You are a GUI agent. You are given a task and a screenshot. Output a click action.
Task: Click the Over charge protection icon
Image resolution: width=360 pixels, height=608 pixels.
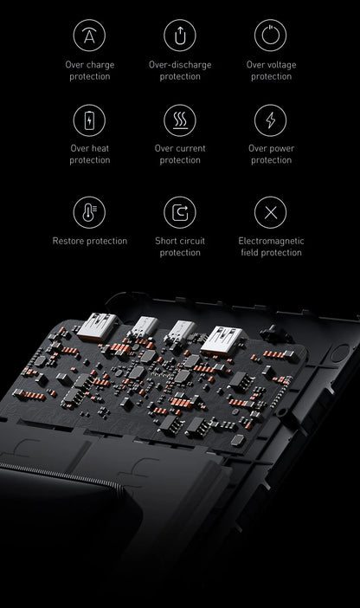pos(89,36)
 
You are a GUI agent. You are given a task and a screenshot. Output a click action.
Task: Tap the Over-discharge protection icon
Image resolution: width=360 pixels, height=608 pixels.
pos(180,36)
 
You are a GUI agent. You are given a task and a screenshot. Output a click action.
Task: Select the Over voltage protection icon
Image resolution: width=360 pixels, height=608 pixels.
pos(271,36)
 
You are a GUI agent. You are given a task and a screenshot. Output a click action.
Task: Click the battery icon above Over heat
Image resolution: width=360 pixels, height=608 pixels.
pos(89,120)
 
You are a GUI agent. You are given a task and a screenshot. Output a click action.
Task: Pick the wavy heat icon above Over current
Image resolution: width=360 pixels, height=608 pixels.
pos(180,120)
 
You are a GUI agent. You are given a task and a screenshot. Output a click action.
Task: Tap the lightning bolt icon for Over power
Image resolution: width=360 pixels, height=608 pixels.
pos(271,120)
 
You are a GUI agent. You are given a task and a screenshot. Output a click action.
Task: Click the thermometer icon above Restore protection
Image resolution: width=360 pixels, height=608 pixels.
pos(89,212)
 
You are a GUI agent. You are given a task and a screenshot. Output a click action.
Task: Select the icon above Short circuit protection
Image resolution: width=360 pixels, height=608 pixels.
pos(180,212)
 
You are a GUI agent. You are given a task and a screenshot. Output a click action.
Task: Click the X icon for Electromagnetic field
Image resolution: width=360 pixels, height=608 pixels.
pos(271,212)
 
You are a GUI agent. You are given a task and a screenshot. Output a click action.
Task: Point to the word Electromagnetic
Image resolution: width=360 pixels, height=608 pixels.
pos(271,241)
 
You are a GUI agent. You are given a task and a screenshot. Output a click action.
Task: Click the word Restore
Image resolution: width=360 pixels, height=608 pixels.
pos(67,241)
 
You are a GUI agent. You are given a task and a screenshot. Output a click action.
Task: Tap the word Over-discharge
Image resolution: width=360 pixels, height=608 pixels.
pos(180,65)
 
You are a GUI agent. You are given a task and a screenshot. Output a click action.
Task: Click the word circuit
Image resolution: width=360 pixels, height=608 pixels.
pos(191,241)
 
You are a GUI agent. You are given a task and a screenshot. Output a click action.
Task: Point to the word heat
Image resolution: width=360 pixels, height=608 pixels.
pos(100,148)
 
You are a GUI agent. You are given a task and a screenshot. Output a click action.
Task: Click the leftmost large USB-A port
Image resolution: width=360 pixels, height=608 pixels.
pos(97,327)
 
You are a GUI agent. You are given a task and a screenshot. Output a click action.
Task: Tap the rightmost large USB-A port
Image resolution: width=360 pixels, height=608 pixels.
pos(222,340)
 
